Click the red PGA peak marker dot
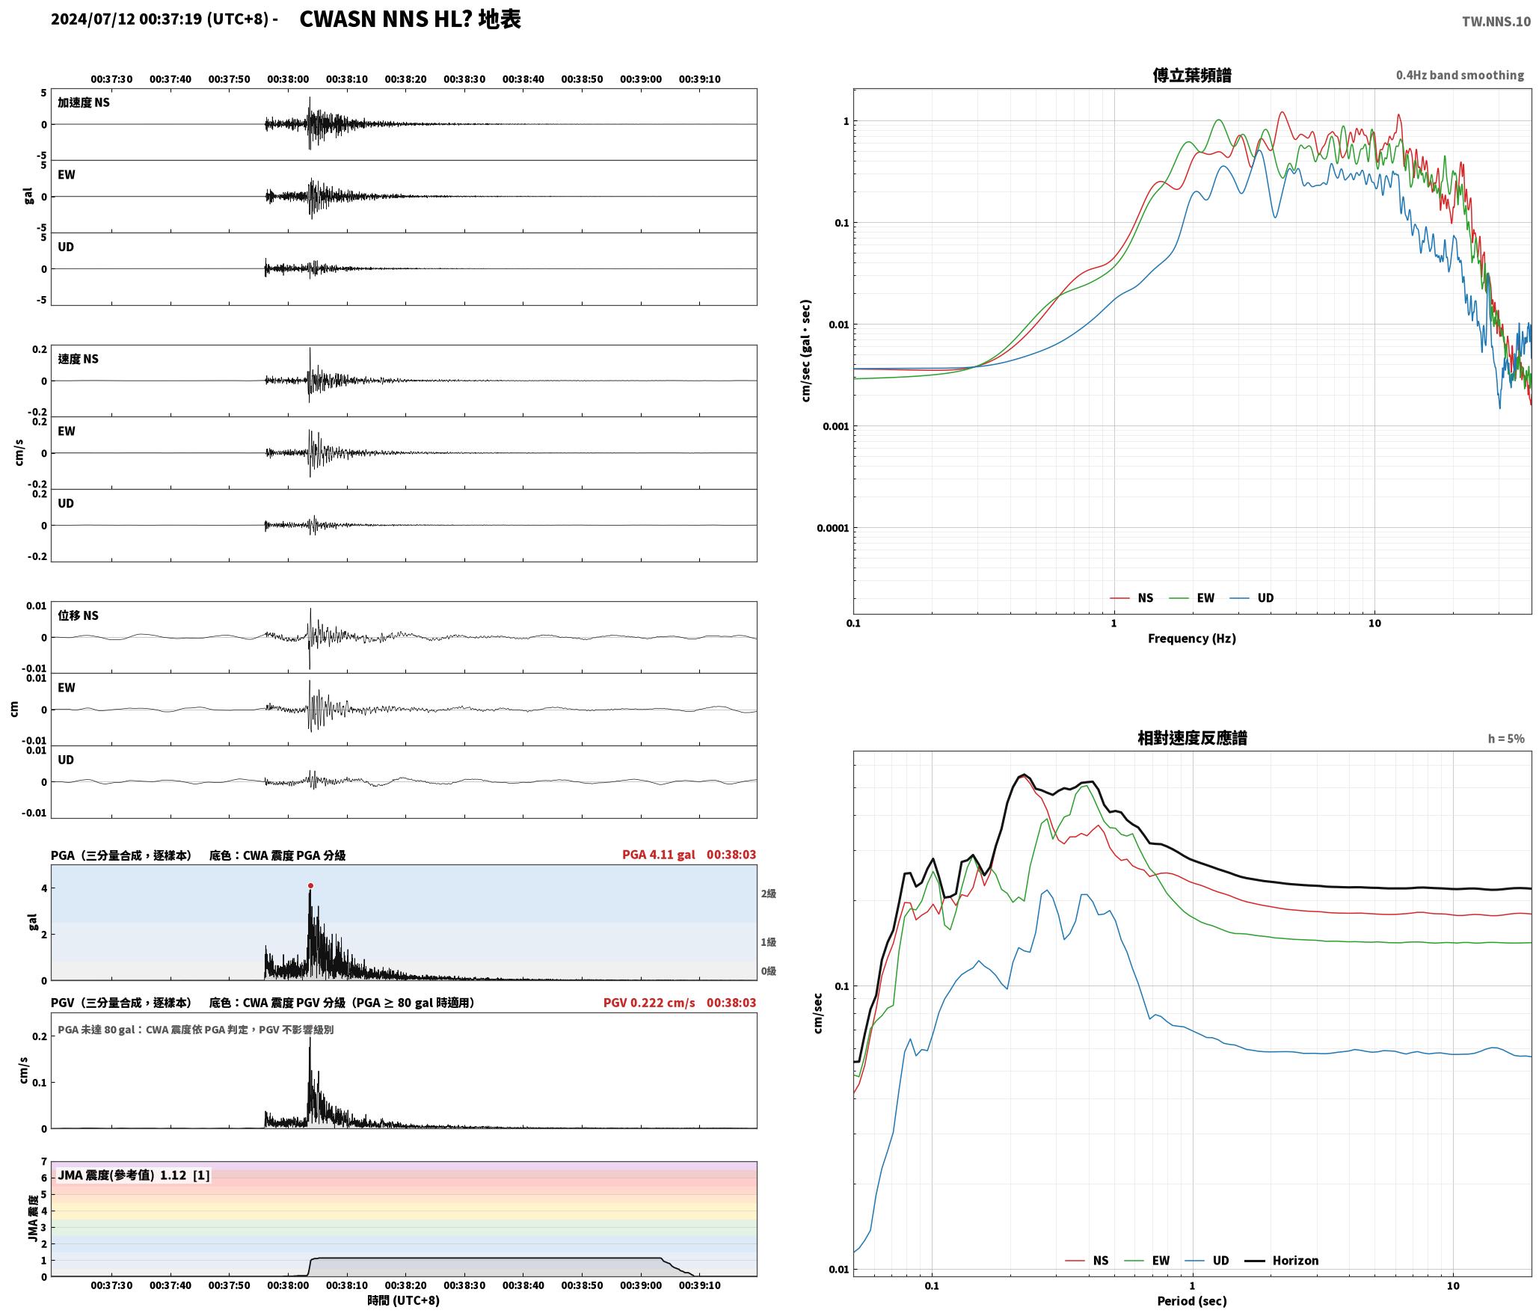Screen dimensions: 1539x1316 (310, 885)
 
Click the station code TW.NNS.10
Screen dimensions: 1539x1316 (1496, 22)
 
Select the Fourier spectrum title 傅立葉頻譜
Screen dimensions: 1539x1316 (1192, 75)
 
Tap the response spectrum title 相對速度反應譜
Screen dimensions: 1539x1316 (1192, 737)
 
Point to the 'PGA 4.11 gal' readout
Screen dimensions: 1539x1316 (658, 854)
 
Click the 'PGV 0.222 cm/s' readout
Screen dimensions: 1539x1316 (649, 1002)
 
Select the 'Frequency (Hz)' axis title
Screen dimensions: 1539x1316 (1192, 638)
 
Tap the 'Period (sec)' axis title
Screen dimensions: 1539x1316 (1192, 1300)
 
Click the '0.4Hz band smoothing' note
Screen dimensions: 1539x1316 (1460, 75)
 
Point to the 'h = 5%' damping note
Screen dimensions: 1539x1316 (1506, 738)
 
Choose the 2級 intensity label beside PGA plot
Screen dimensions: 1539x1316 (768, 894)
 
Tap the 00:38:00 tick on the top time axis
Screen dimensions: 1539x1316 (288, 79)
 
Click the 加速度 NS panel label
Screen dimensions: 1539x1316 (84, 102)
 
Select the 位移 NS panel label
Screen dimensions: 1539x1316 (79, 615)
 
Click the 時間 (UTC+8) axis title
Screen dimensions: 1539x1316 (404, 1300)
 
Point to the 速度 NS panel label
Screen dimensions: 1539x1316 (79, 359)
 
